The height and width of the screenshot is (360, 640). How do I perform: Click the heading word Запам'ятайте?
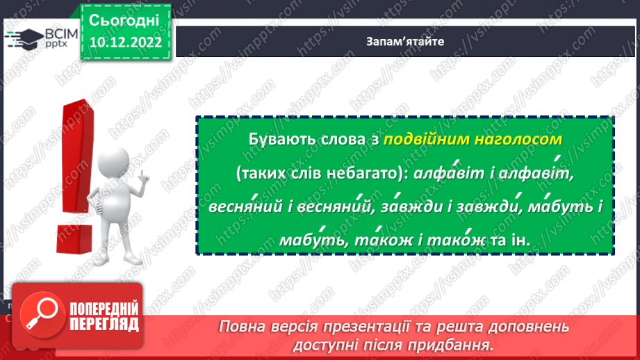[x=405, y=41]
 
